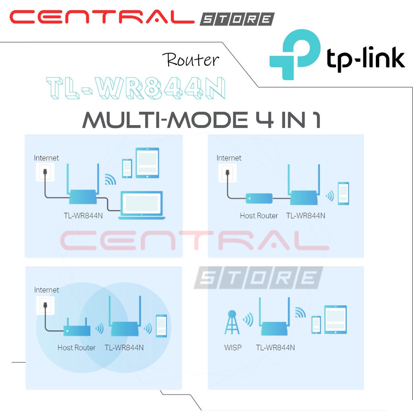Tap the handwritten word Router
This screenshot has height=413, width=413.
[x=193, y=60]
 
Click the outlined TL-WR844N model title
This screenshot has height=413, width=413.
[x=136, y=89]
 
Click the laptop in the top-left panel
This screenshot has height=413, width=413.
[x=142, y=206]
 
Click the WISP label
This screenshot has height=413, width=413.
[x=233, y=347]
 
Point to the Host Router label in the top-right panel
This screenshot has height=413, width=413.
[x=259, y=216]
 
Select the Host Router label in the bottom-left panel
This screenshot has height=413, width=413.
[x=76, y=348]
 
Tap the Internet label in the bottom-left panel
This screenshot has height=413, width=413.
[x=46, y=290]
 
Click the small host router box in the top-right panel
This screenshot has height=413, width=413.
[x=259, y=198]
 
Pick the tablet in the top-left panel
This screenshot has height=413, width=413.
[x=147, y=163]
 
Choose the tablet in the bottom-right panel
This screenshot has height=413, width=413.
[x=335, y=319]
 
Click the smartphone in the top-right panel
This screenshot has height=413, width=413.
[x=343, y=193]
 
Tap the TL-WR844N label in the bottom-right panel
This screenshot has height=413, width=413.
[x=275, y=347]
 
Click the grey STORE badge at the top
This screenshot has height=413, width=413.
[x=237, y=19]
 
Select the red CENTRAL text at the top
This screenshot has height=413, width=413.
[x=103, y=17]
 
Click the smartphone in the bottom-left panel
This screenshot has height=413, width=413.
[x=161, y=326]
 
